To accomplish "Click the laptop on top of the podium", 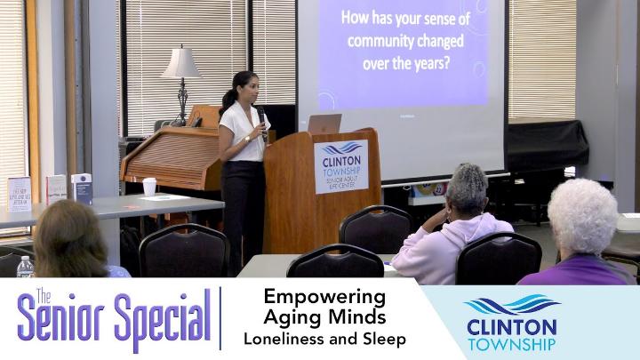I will (324, 124).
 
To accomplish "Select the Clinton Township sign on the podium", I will (340, 166).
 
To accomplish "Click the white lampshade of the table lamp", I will (181, 64).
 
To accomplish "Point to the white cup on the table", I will (149, 186).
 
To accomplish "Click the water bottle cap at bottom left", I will (24, 259).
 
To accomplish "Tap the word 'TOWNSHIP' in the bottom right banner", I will (511, 343).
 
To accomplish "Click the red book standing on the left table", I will (55, 188).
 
